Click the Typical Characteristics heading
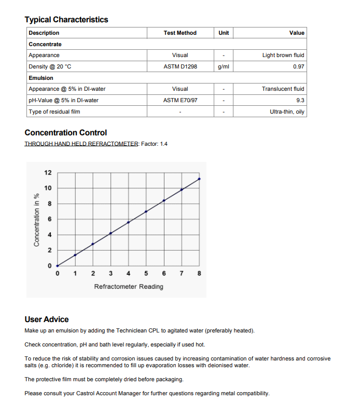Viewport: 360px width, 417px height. pyautogui.click(x=66, y=20)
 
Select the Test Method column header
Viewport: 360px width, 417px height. pyautogui.click(x=180, y=33)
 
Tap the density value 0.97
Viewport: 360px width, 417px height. pyautogui.click(x=298, y=66)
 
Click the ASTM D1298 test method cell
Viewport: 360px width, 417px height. pyautogui.click(x=180, y=66)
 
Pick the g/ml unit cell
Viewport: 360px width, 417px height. pyautogui.click(x=224, y=66)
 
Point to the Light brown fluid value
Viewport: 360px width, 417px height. pyautogui.click(x=283, y=55)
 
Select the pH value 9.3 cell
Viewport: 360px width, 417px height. pyautogui.click(x=300, y=100)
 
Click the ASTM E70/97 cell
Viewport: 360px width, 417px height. pyautogui.click(x=180, y=100)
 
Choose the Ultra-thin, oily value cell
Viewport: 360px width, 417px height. pyautogui.click(x=287, y=112)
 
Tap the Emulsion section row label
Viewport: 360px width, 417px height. pyautogui.click(x=41, y=78)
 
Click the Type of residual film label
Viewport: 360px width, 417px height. pyautogui.click(x=54, y=112)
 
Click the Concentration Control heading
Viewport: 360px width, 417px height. pyautogui.click(x=66, y=133)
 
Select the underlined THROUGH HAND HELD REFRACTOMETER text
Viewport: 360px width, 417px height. pyautogui.click(x=81, y=144)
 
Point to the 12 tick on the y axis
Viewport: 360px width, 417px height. pyautogui.click(x=48, y=172)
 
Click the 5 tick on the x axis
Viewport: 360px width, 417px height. pyautogui.click(x=146, y=273)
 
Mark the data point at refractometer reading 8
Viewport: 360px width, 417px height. pyautogui.click(x=200, y=179)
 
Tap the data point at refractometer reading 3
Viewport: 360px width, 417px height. pyautogui.click(x=110, y=233)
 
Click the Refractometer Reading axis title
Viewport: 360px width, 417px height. pyautogui.click(x=129, y=286)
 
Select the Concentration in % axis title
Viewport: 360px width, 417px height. pyautogui.click(x=36, y=219)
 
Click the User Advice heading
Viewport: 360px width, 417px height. pyautogui.click(x=47, y=319)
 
